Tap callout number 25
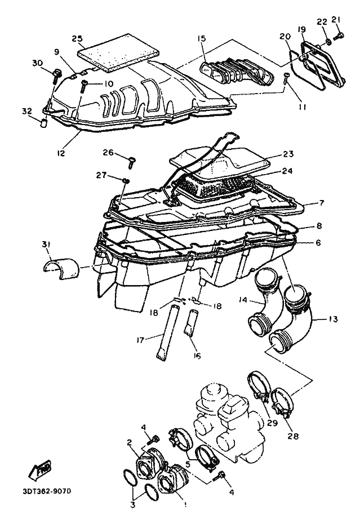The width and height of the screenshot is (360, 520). tap(77, 38)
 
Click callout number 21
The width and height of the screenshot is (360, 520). tap(337, 20)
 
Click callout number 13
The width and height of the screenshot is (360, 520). tap(334, 319)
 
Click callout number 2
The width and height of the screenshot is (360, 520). tap(130, 442)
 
